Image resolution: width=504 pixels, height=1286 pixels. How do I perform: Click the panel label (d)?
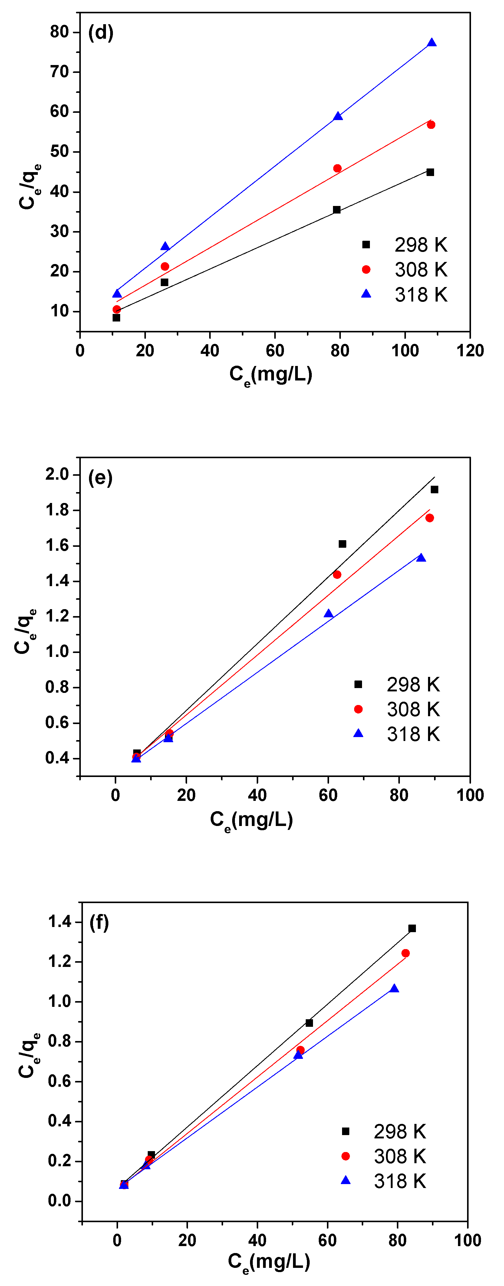tap(100, 33)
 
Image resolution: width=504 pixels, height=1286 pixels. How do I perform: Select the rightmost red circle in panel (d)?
tap(430, 125)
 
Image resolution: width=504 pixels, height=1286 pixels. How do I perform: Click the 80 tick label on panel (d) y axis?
tap(59, 32)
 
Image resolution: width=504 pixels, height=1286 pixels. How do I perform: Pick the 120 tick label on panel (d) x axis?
tap(469, 351)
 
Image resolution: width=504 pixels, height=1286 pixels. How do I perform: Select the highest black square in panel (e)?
tap(434, 490)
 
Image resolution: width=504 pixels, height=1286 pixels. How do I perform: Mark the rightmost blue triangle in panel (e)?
tap(421, 558)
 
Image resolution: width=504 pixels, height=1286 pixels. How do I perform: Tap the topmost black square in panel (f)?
tap(412, 929)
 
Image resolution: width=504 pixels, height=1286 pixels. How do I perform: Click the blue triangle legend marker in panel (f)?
tap(345, 1180)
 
